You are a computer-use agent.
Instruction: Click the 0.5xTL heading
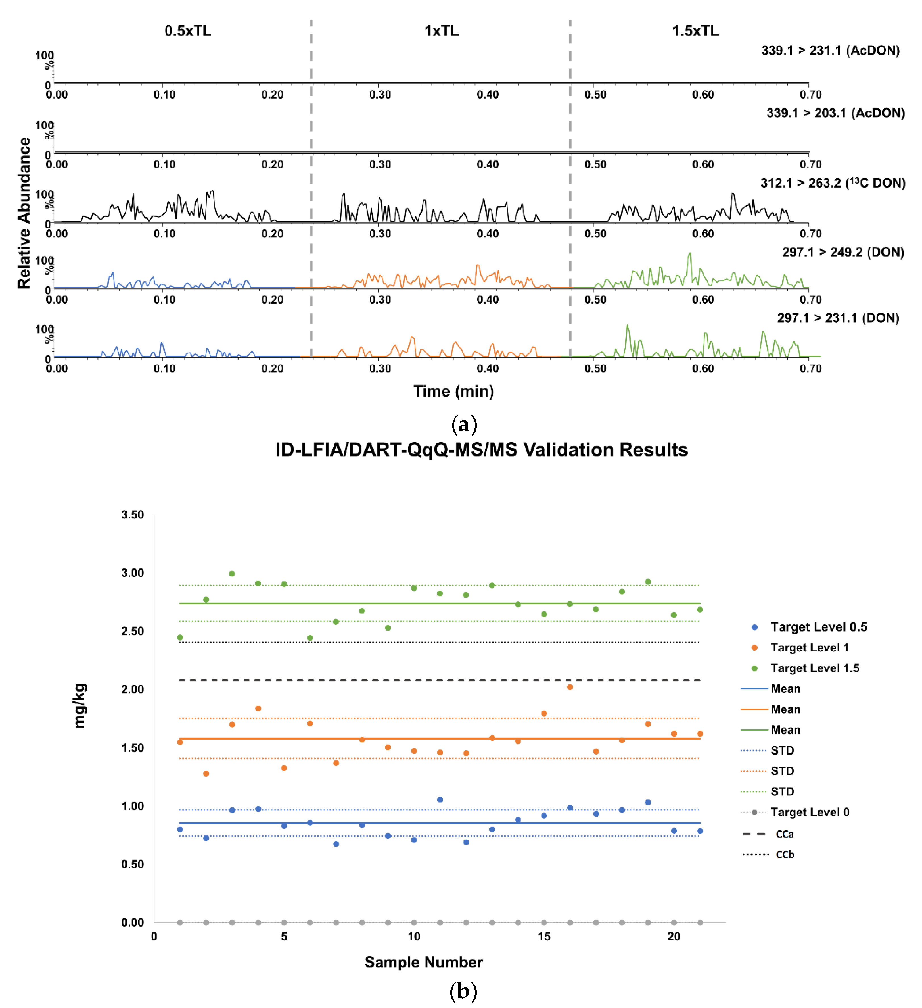pyautogui.click(x=188, y=31)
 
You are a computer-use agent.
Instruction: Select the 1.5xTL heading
pyautogui.click(x=695, y=31)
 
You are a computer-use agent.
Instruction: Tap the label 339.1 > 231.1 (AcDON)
pyautogui.click(x=830, y=51)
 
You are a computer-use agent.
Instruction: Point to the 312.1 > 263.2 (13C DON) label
pyautogui.click(x=833, y=183)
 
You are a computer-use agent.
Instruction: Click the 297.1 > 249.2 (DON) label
pyautogui.click(x=843, y=252)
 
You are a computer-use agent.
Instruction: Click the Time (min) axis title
pyautogui.click(x=453, y=391)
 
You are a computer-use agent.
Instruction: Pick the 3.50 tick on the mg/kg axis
pyautogui.click(x=132, y=515)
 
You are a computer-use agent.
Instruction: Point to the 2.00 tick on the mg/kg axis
pyautogui.click(x=132, y=690)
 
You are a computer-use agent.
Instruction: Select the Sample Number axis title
pyautogui.click(x=423, y=962)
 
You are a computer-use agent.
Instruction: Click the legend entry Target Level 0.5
pyautogui.click(x=819, y=627)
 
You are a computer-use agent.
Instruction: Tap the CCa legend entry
pyautogui.click(x=785, y=834)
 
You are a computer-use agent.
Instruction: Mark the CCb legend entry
pyautogui.click(x=785, y=855)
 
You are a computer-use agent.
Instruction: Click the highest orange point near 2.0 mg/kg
pyautogui.click(x=570, y=687)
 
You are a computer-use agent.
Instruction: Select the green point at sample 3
pyautogui.click(x=232, y=574)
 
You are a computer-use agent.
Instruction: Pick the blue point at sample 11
pyautogui.click(x=440, y=799)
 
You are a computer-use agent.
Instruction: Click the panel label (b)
pyautogui.click(x=463, y=990)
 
